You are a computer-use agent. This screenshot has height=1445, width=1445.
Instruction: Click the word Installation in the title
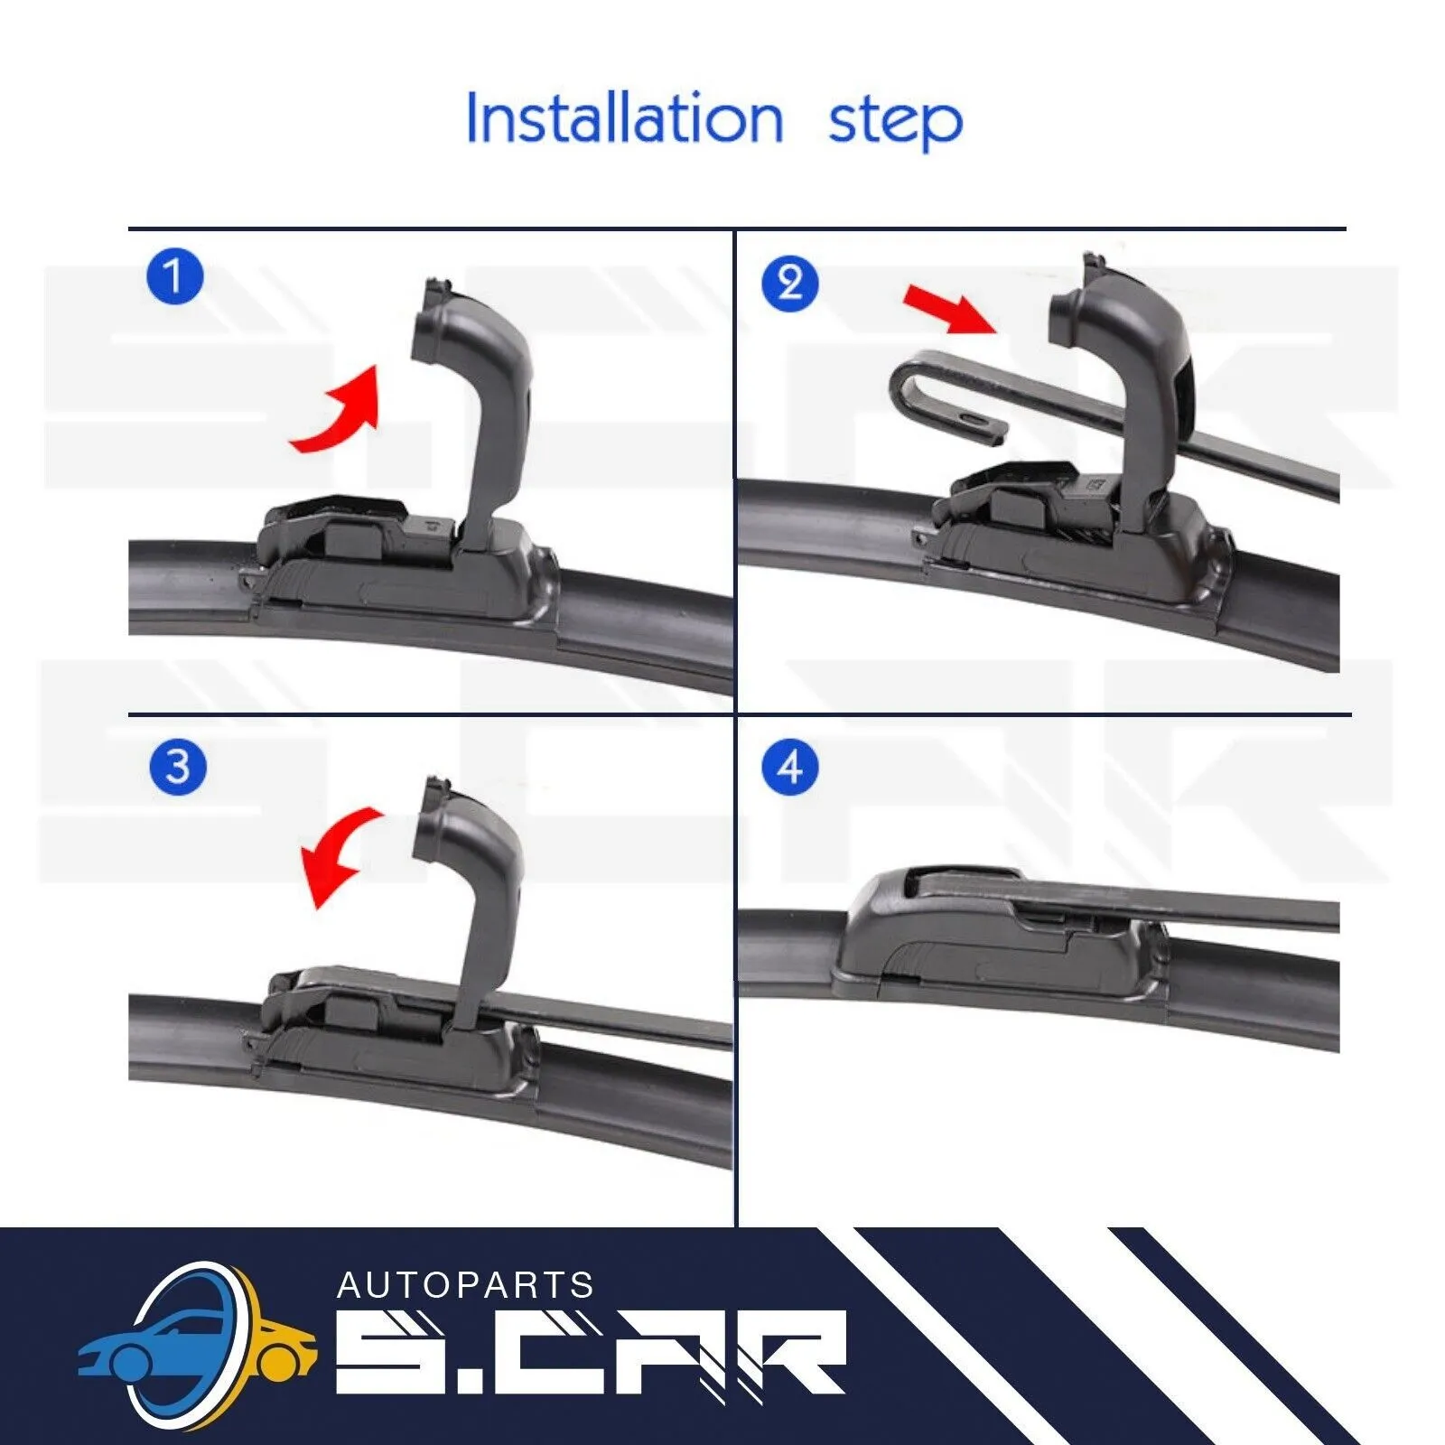(x=624, y=118)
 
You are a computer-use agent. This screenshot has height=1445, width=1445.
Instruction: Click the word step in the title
(x=895, y=122)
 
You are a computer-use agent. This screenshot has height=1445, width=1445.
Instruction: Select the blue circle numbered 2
(x=789, y=284)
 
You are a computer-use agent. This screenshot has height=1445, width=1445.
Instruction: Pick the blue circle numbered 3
(x=178, y=767)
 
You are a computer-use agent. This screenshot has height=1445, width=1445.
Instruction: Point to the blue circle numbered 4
(x=790, y=768)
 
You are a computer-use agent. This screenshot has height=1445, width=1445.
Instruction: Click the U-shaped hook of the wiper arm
(x=939, y=397)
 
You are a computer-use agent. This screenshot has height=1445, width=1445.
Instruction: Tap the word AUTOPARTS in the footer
(x=466, y=1285)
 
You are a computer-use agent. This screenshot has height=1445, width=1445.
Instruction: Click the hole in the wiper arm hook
(x=972, y=419)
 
